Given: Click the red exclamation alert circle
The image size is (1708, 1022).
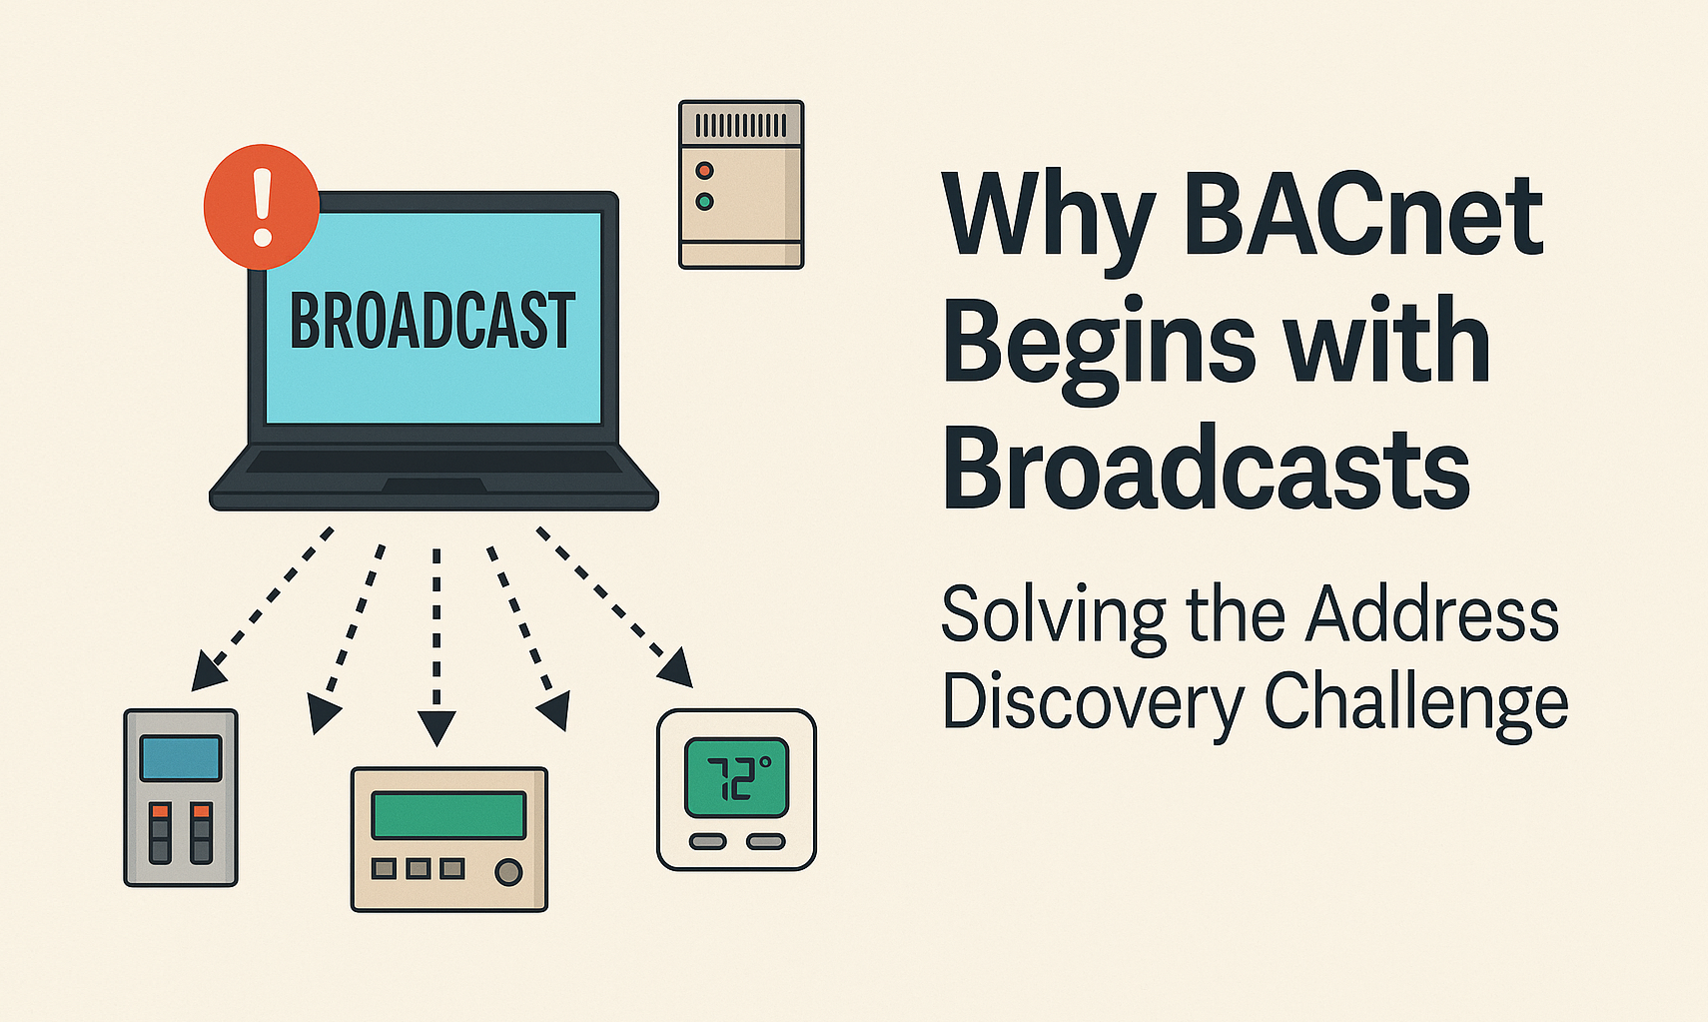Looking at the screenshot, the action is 262,207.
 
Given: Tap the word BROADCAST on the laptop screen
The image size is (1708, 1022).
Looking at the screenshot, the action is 432,321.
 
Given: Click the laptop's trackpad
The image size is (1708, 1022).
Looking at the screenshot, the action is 434,486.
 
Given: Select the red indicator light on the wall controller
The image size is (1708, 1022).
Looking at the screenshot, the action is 704,170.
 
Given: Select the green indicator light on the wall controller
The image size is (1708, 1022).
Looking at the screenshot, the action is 704,202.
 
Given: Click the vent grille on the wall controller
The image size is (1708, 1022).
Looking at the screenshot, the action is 741,125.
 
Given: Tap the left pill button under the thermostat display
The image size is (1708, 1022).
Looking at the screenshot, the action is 707,842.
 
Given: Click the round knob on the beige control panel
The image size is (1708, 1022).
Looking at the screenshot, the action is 508,872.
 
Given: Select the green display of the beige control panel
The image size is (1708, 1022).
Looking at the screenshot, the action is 449,814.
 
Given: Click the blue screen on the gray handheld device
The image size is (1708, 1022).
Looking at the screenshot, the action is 181,758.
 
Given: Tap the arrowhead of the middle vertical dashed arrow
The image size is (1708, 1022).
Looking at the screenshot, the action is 436,727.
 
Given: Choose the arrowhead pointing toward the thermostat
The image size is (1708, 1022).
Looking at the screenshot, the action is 677,669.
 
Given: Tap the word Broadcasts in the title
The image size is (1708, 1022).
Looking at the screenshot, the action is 1207,466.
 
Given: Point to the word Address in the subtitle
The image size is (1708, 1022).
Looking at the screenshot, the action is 1432,614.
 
